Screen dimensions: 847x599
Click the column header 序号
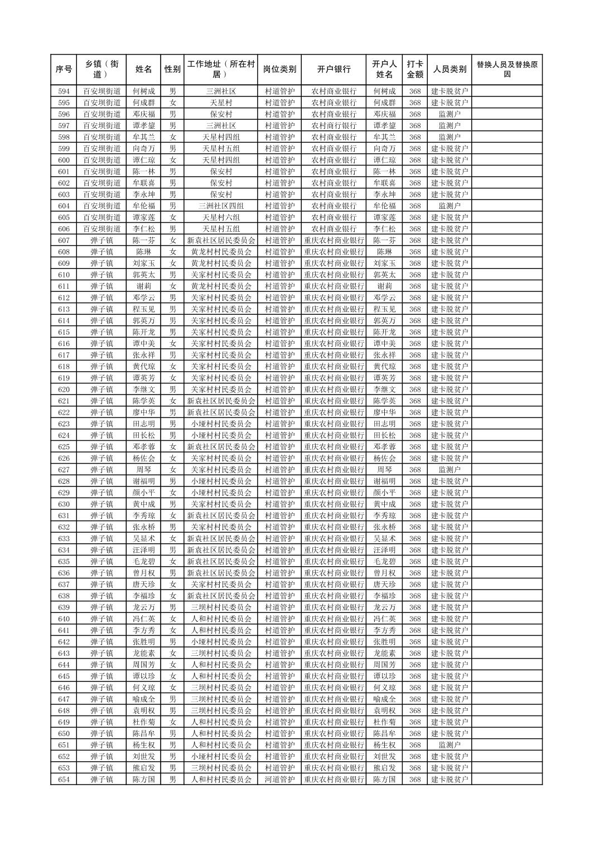(64, 70)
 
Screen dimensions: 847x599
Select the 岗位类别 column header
(279, 70)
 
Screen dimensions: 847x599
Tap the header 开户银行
(334, 70)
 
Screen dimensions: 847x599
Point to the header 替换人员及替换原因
(506, 70)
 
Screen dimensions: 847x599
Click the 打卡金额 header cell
(414, 70)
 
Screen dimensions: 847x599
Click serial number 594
(64, 91)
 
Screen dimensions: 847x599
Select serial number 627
(64, 470)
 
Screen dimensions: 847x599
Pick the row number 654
(64, 780)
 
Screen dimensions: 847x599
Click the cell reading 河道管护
(279, 780)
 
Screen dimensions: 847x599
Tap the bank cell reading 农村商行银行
(334, 126)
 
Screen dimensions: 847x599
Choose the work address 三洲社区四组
(221, 206)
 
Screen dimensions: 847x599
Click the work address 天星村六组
(221, 217)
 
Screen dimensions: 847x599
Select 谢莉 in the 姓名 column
(143, 286)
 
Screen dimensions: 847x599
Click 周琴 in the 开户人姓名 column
(384, 470)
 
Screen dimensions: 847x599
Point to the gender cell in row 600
(173, 160)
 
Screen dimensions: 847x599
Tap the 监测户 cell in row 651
(450, 745)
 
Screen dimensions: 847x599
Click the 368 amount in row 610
(414, 275)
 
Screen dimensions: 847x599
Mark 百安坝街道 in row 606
(102, 229)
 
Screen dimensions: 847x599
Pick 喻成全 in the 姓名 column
(143, 699)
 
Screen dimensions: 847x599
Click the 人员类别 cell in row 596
(450, 114)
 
